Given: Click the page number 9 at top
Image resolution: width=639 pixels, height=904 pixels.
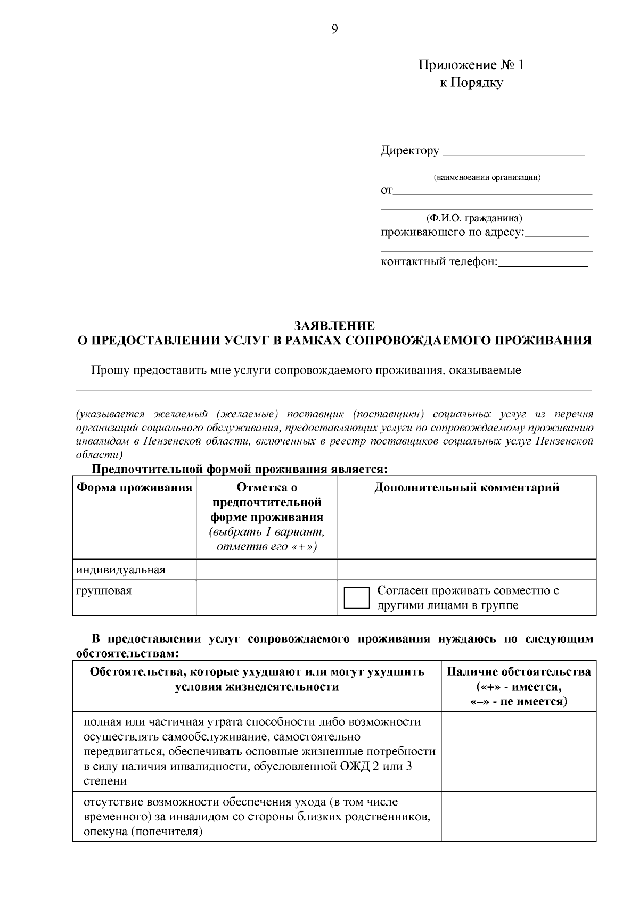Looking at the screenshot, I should tap(334, 30).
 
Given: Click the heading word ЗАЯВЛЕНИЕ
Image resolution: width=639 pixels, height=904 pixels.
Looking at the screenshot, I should tap(334, 325).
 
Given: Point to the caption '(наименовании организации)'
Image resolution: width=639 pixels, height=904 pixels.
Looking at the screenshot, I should tap(487, 177).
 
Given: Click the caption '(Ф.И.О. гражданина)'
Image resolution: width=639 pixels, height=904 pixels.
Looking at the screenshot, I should tap(473, 218).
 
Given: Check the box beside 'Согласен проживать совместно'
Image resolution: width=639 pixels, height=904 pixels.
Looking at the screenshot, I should tap(357, 598).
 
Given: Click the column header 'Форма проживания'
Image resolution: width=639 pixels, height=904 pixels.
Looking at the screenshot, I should tap(134, 488).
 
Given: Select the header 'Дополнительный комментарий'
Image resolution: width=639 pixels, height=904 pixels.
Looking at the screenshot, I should tap(466, 488).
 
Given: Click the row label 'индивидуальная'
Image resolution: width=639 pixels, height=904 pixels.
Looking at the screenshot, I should tap(121, 570).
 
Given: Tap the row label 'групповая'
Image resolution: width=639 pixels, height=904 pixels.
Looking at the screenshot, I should tap(103, 590).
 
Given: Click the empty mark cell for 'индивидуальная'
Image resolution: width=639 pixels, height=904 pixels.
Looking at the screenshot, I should tap(266, 570).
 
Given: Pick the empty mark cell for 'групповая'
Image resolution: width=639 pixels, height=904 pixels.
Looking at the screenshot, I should tap(266, 597).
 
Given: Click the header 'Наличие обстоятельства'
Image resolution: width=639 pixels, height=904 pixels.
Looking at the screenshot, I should tap(519, 672).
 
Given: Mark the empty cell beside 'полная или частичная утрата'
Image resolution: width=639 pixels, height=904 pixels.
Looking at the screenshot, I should tap(519, 751).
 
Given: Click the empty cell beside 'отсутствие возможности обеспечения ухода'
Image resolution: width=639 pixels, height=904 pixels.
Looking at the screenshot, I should tap(519, 816).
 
